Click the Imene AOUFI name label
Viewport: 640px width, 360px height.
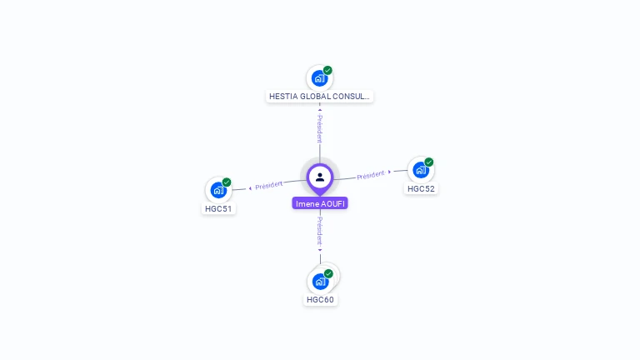320,203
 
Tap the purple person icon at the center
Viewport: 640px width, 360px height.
320,177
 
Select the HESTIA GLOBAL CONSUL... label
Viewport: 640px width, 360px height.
319,97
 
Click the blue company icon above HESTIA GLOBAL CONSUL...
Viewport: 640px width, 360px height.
319,78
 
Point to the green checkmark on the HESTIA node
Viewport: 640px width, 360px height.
328,70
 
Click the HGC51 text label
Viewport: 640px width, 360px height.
218,208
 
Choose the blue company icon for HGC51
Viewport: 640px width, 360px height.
217,190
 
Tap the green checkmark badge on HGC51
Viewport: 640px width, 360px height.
227,182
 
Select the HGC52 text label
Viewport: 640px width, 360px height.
421,188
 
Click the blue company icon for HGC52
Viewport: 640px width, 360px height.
420,170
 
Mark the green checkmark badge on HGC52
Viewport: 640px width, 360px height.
429,162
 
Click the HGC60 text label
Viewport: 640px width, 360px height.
320,299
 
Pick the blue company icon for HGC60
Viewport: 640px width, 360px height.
320,281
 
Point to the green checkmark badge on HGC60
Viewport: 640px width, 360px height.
329,273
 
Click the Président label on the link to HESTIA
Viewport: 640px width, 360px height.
319,128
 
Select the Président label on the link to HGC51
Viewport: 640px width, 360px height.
269,185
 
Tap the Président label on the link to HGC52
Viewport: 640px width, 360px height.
370,175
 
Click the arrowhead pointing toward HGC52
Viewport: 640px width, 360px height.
390,172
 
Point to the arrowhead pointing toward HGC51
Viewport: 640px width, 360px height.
250,187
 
